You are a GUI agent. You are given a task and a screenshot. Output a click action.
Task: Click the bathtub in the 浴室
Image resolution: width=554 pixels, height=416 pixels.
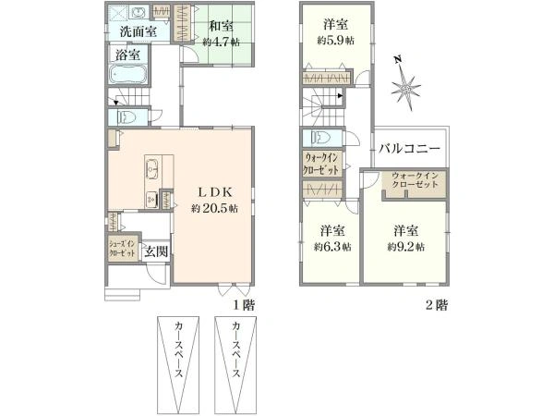[128, 74]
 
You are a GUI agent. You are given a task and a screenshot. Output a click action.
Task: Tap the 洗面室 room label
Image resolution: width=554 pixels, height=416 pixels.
[138, 31]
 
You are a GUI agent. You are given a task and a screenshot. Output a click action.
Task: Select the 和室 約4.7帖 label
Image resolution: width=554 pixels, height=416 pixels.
[222, 33]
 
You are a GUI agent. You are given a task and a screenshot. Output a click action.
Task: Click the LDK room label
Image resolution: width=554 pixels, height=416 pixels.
[215, 192]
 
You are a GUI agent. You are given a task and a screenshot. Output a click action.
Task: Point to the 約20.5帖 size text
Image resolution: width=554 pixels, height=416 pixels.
[215, 208]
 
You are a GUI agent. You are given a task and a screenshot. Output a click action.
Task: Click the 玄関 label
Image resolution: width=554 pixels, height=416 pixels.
[157, 251]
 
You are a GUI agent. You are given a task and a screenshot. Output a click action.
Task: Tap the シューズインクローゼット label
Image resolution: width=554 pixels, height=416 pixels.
[122, 249]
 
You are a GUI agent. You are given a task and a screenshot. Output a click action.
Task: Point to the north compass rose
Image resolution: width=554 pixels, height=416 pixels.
[405, 86]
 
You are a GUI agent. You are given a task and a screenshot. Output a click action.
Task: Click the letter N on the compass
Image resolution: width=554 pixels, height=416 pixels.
[398, 60]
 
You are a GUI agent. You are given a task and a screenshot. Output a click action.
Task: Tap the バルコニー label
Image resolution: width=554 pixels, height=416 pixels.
[410, 149]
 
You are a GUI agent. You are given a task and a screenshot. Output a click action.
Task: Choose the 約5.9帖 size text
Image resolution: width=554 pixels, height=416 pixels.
[336, 41]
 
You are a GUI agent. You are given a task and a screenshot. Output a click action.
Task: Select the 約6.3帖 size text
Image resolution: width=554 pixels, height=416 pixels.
[332, 247]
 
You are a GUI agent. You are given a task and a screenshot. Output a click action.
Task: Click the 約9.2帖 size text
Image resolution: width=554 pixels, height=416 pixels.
[406, 247]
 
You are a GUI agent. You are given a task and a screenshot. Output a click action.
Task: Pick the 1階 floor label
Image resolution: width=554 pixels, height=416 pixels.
[244, 305]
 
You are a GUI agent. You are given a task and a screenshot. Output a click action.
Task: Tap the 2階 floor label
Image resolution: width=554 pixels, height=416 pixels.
[437, 305]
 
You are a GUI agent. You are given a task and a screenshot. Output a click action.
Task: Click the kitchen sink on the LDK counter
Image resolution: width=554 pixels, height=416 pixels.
[152, 169]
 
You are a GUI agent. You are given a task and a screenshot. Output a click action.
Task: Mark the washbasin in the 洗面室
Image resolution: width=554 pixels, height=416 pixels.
[138, 13]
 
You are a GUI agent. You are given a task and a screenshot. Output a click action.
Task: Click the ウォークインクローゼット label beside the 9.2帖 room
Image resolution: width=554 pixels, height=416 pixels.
[415, 180]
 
